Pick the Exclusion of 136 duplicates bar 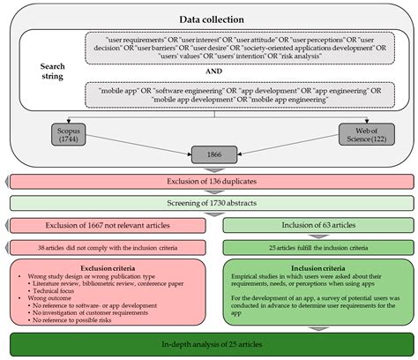[x=209, y=181]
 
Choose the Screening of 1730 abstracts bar [x=209, y=203]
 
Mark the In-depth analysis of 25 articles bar [x=209, y=345]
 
